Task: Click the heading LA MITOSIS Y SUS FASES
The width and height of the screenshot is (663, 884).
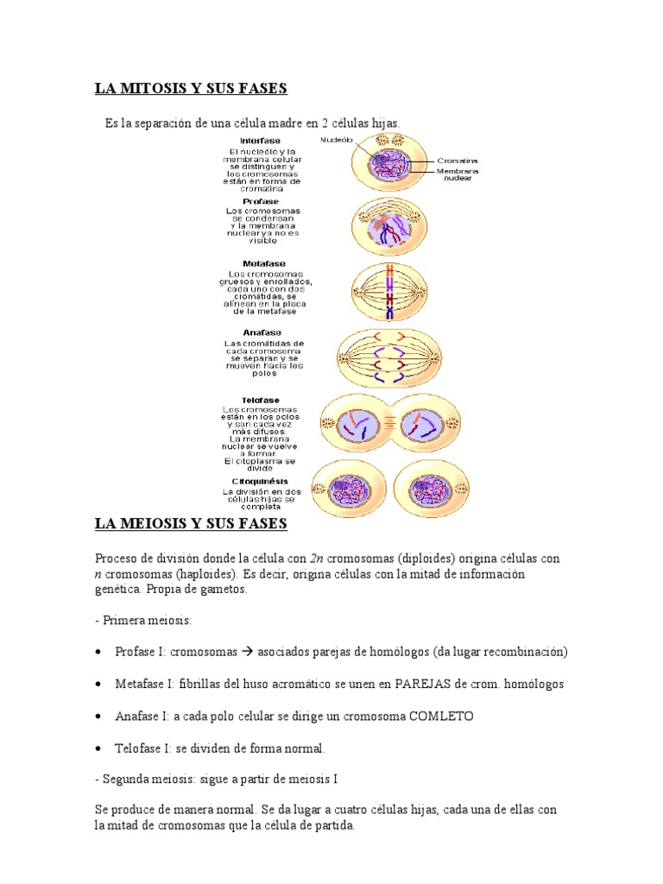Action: [x=190, y=89]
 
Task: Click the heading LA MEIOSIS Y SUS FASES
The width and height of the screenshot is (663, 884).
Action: [x=190, y=524]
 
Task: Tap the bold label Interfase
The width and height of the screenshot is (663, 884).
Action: [x=259, y=140]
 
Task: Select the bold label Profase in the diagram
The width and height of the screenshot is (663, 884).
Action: [x=260, y=201]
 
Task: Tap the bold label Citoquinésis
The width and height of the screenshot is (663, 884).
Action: [x=259, y=481]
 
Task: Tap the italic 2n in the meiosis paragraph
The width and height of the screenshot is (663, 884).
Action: [x=316, y=559]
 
